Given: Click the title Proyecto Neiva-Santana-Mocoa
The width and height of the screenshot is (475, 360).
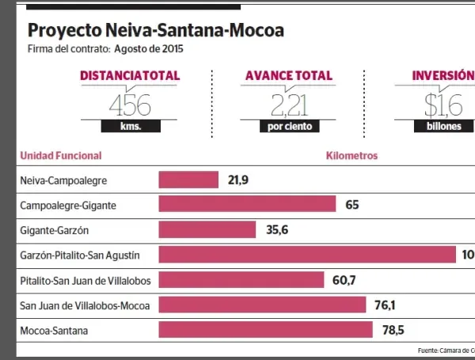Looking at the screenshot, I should [155, 31].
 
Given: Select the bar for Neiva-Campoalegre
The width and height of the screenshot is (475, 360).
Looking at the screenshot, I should [188, 180].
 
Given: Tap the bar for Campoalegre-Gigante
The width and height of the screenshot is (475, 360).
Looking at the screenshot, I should [248, 205].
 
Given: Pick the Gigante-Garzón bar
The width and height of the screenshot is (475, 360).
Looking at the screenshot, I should [207, 229].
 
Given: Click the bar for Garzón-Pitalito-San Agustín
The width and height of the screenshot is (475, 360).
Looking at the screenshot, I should [307, 254].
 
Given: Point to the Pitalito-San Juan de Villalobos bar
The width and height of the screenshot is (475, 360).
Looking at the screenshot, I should [241, 279].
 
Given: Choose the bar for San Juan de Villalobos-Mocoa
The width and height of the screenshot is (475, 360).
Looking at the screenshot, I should [262, 305].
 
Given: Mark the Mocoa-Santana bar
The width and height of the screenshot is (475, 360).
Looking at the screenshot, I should [265, 329].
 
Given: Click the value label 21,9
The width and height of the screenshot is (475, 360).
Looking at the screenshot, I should [238, 180].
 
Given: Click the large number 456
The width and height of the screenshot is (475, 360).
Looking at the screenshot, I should [129, 104].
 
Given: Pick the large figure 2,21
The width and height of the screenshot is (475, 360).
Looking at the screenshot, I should [289, 104].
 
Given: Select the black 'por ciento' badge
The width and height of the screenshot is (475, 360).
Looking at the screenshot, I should [290, 127].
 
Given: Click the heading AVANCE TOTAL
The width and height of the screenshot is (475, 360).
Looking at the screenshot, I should [289, 76].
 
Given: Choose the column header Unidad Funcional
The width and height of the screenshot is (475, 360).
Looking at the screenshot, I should [61, 156].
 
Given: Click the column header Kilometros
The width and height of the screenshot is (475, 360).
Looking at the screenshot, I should [352, 156].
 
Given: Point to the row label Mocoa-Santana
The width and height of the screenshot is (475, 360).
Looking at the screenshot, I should [54, 329].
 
